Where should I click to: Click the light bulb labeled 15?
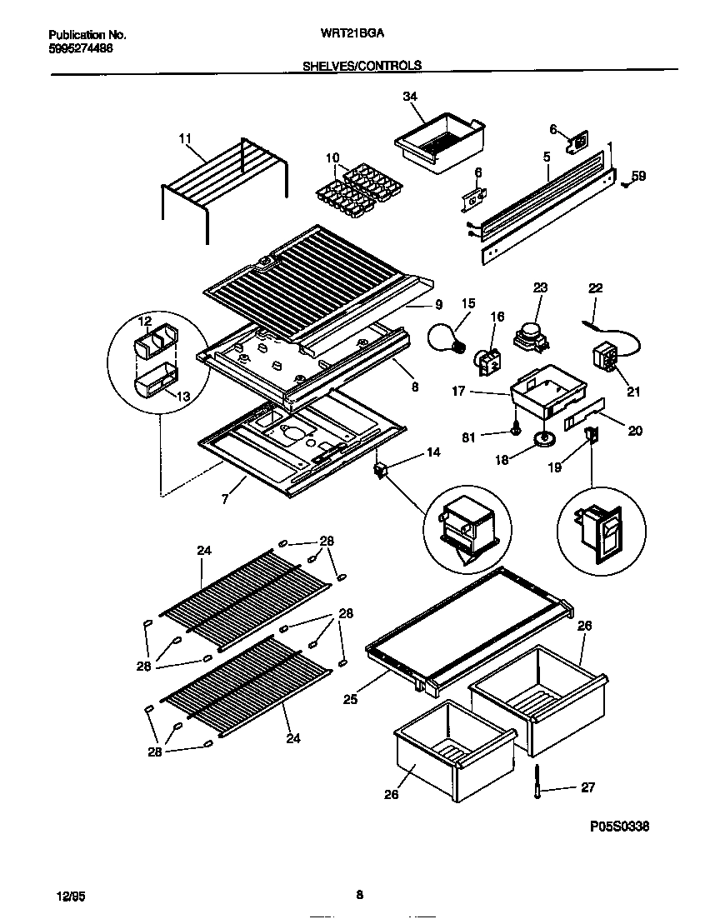(447, 337)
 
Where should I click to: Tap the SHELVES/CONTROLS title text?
(362, 65)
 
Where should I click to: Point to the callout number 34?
(409, 97)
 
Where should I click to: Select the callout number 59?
(638, 176)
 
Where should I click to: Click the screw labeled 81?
(517, 430)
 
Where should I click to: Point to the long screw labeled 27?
(537, 784)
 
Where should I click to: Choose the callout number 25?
(350, 700)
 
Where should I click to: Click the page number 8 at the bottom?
(359, 896)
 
